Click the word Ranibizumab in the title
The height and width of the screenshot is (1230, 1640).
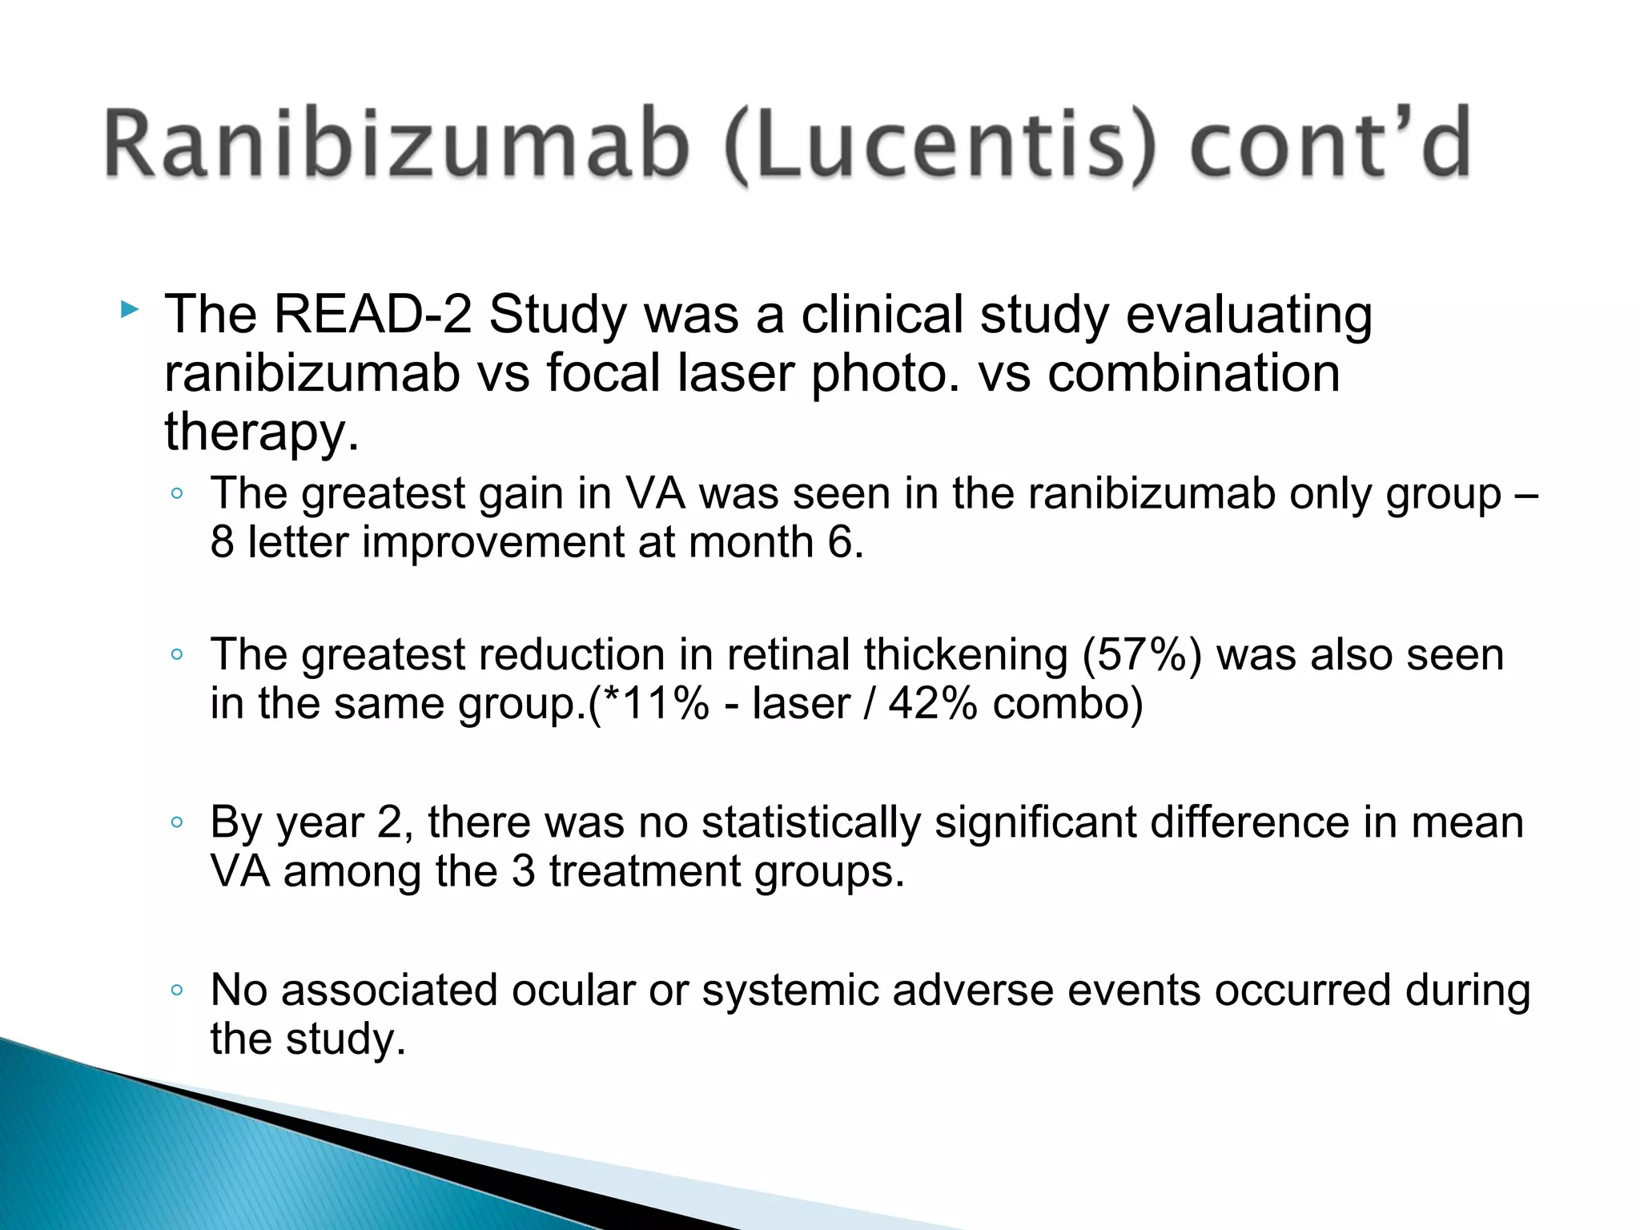tap(396, 144)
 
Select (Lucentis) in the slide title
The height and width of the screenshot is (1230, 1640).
tap(941, 146)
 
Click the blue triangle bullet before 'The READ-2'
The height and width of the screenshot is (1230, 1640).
tap(129, 309)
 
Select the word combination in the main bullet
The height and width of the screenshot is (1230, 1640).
tap(1194, 373)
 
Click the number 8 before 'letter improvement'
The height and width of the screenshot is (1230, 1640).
tap(223, 542)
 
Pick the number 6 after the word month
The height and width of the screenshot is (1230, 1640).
tap(841, 542)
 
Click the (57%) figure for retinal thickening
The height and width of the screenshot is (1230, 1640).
tap(1143, 655)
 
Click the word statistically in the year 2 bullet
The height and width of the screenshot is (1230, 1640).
tap(811, 822)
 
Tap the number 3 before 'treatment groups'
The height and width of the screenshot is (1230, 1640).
tap(523, 871)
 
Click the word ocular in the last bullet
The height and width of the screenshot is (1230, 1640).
tap(573, 991)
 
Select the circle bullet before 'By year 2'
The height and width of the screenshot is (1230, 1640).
tap(177, 822)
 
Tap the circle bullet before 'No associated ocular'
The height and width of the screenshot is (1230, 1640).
tap(177, 991)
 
